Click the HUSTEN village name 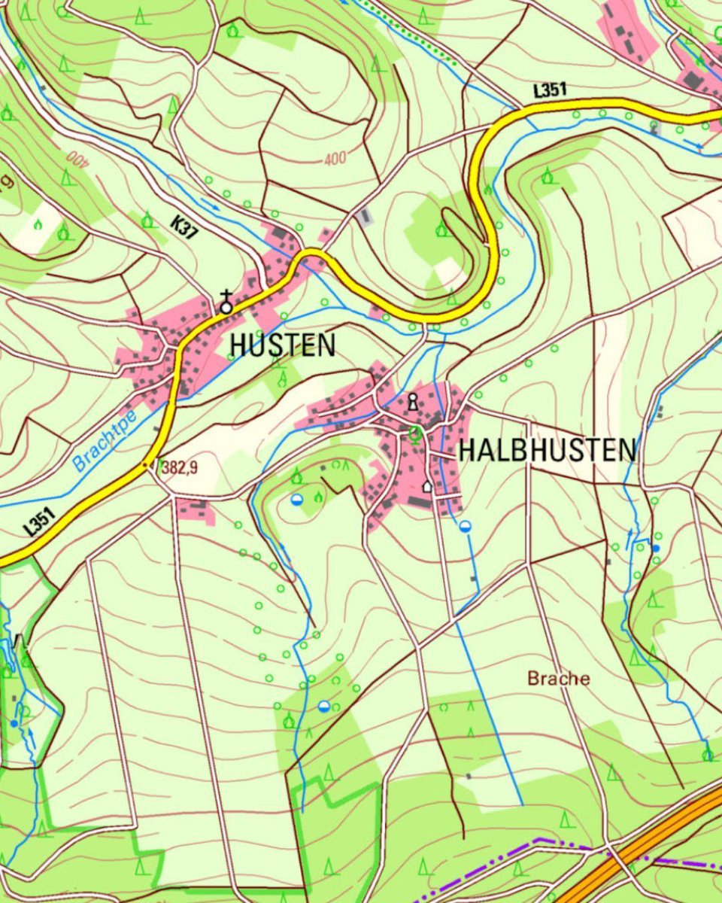[x=282, y=345]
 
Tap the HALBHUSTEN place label [x=547, y=450]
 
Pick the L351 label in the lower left [x=40, y=521]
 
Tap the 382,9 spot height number [x=179, y=468]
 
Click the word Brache [x=558, y=678]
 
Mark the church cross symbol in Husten [x=226, y=303]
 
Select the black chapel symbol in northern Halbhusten [x=412, y=403]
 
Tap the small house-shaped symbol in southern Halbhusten [x=427, y=486]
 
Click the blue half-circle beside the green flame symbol [x=298, y=500]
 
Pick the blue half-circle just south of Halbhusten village [x=466, y=526]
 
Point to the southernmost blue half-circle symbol [x=323, y=706]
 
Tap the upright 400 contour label [x=335, y=160]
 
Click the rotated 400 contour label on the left [x=74, y=157]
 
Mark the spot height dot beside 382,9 [x=146, y=465]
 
